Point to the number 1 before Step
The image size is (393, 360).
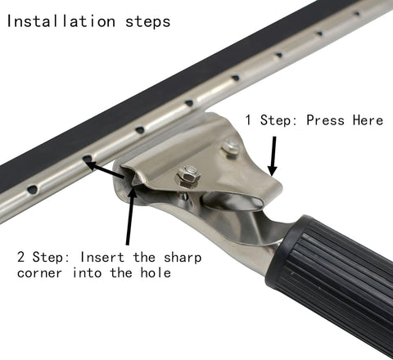pyautogui.click(x=250, y=120)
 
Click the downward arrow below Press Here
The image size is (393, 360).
pyautogui.click(x=273, y=155)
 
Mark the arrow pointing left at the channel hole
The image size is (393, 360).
pyautogui.click(x=104, y=166)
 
